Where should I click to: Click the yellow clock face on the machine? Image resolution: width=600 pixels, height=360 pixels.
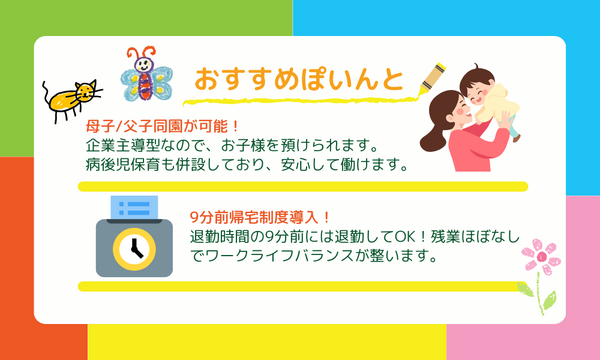point(128,248)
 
